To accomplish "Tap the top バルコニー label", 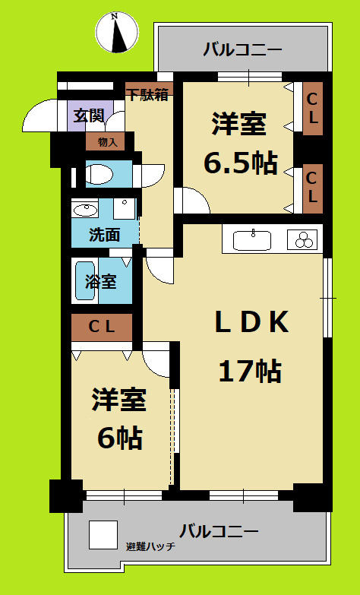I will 242,51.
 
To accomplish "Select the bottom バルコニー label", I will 219,530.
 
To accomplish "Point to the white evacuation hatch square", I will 103,534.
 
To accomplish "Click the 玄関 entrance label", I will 88,116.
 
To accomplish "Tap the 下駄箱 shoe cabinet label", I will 147,96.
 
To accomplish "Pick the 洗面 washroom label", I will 104,235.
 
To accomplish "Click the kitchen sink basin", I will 251,241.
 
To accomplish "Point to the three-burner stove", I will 305,240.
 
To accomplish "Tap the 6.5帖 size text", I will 239,163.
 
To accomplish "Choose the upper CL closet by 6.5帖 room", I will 312,109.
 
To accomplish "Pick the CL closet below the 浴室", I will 102,328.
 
